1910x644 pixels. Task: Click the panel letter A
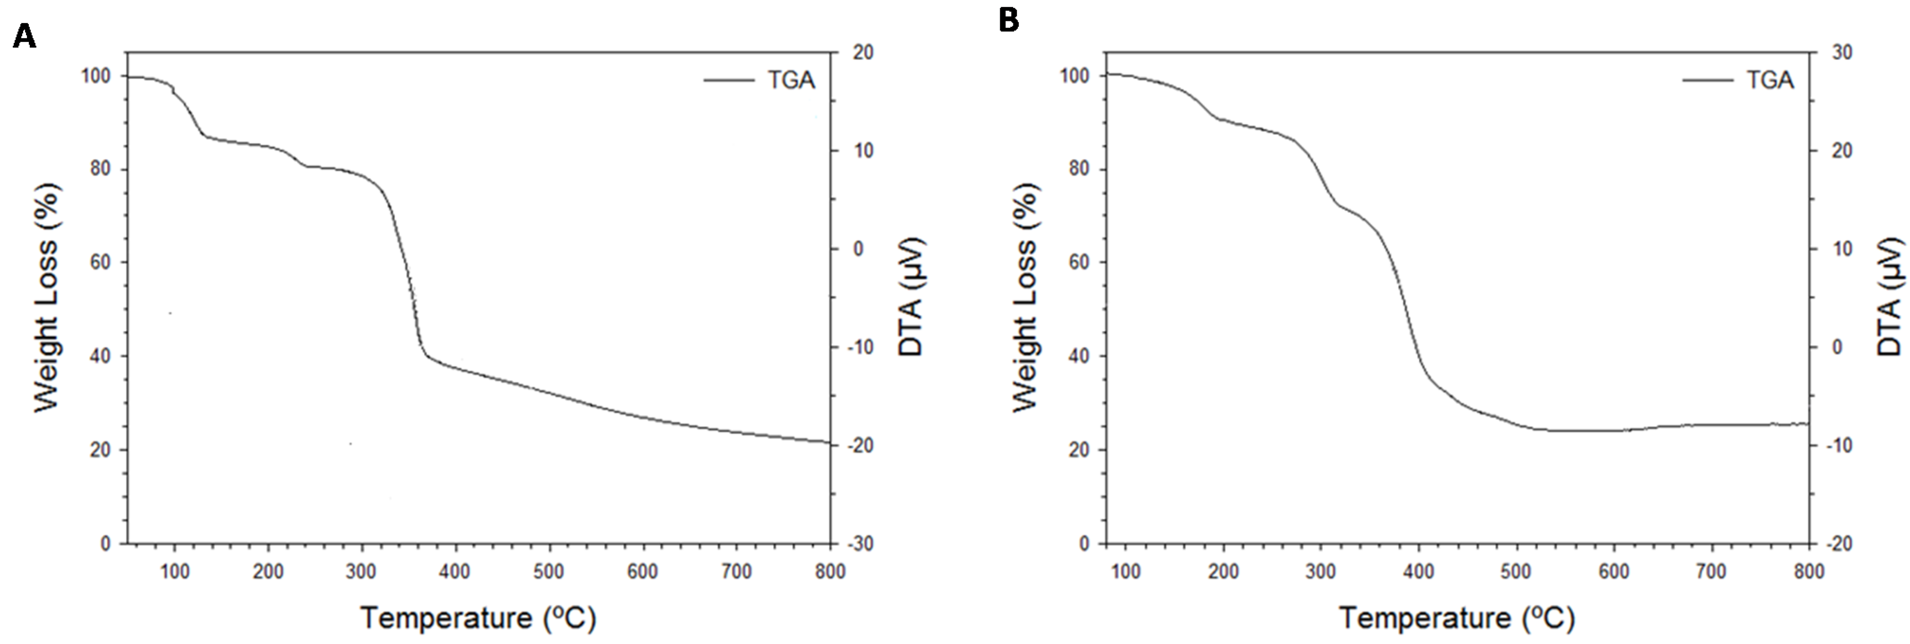pyautogui.click(x=25, y=35)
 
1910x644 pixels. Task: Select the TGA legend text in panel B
pyautogui.click(x=1770, y=80)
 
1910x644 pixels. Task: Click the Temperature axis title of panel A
pyautogui.click(x=478, y=617)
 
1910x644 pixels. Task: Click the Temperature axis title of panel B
pyautogui.click(x=1457, y=617)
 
